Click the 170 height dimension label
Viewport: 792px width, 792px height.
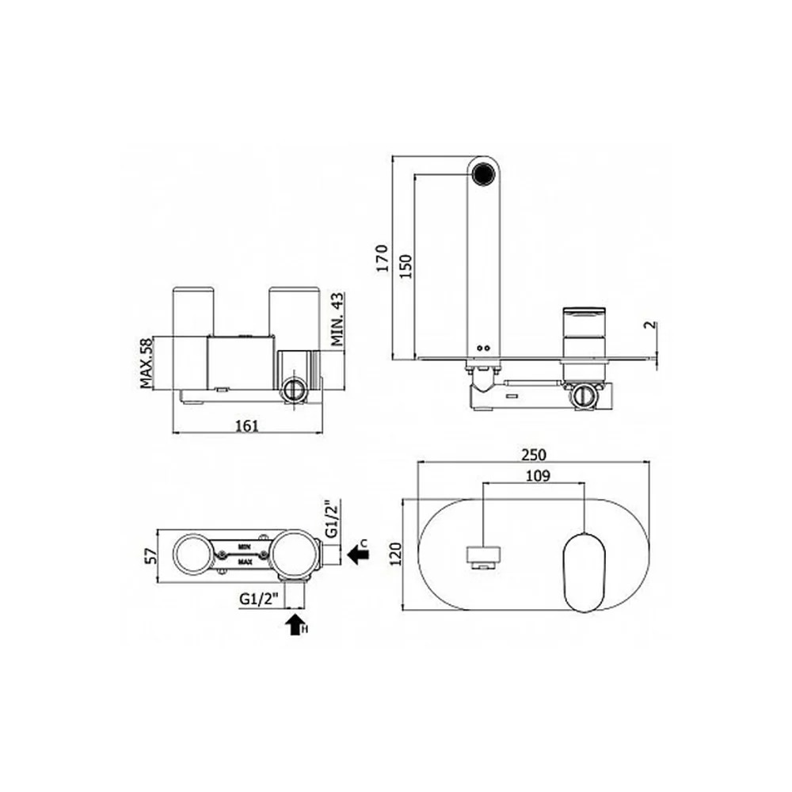[x=383, y=258]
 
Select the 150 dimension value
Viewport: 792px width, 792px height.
[x=406, y=265]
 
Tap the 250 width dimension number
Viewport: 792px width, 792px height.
[x=534, y=455]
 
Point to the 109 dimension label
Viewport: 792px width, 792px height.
[x=538, y=476]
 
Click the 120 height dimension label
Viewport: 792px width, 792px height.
[x=395, y=554]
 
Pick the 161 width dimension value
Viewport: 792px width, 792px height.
[x=247, y=426]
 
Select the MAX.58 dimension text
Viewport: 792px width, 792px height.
[x=147, y=364]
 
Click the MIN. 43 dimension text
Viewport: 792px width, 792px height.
[x=337, y=318]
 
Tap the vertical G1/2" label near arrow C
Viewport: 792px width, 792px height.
[x=331, y=520]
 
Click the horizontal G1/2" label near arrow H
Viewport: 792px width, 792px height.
[x=259, y=600]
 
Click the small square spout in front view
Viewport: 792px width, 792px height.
[x=483, y=558]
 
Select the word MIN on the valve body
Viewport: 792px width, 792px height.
[x=245, y=546]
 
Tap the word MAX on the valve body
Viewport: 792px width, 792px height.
[x=245, y=562]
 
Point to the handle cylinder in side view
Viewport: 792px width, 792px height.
[x=584, y=344]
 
